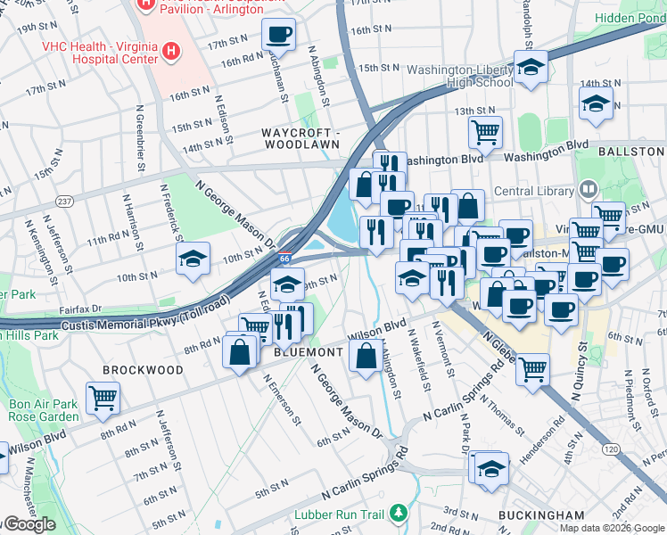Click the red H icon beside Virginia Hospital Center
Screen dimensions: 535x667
[171, 52]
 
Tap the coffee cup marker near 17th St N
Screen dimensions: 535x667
[278, 35]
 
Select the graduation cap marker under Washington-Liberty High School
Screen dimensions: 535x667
[531, 69]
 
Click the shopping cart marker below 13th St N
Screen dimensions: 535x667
[485, 133]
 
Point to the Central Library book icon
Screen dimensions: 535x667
[587, 189]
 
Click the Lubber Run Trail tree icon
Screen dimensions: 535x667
[399, 514]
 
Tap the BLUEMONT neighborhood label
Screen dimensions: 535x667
[309, 353]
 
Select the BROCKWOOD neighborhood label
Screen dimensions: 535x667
[143, 369]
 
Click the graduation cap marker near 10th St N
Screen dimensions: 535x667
[194, 259]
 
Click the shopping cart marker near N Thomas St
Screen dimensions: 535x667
[532, 368]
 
